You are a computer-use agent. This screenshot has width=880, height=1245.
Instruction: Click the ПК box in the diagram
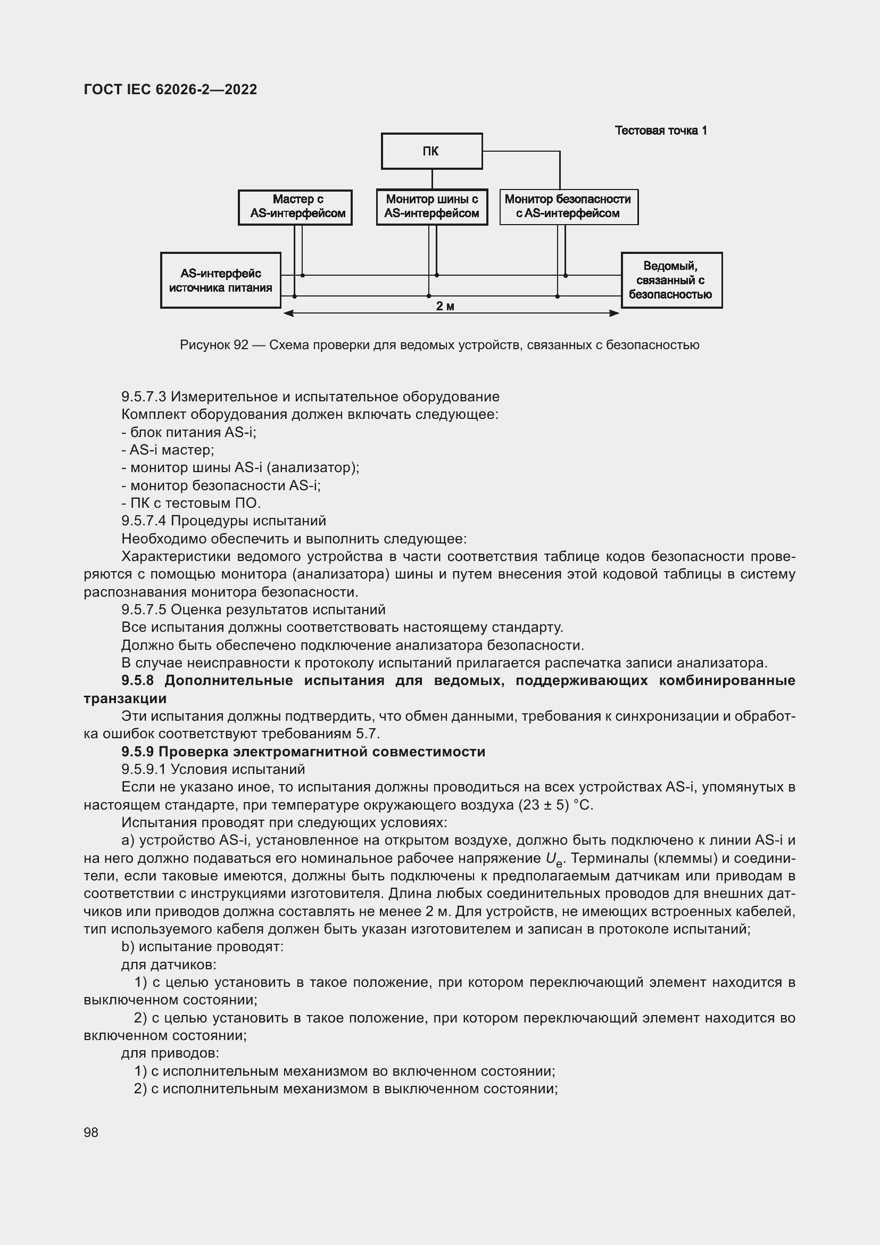(431, 151)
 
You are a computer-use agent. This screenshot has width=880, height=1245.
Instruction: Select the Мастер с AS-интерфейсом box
(295, 207)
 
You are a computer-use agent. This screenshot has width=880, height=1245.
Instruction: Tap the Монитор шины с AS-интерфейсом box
(432, 207)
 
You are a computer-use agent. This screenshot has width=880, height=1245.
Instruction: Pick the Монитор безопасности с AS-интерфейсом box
(568, 207)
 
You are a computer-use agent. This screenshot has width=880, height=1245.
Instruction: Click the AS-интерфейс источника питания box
(221, 281)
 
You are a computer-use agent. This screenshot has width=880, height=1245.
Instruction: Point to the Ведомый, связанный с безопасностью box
(671, 281)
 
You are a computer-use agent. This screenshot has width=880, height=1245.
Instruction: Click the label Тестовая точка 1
(661, 130)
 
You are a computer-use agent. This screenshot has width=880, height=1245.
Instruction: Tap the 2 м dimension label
(445, 307)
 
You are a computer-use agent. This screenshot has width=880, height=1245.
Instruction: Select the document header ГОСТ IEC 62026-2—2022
(170, 89)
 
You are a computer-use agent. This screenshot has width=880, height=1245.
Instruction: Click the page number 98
(91, 1132)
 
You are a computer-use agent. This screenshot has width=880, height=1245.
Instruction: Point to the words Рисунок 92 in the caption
(213, 345)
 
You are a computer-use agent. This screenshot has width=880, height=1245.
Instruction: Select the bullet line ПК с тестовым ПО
(191, 502)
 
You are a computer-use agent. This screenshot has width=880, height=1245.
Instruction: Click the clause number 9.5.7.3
(144, 397)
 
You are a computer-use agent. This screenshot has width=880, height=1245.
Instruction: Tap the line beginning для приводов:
(170, 1053)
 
